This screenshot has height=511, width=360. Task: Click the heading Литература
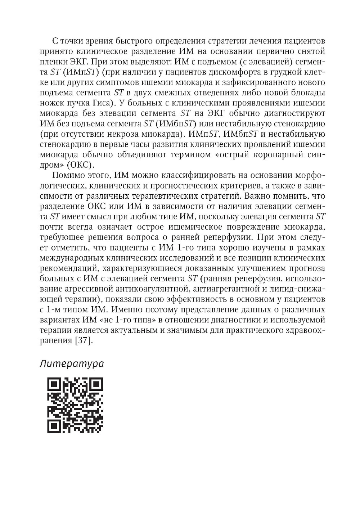71,363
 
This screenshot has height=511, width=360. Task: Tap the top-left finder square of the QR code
54,384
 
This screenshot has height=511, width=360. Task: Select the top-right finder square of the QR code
96,384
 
